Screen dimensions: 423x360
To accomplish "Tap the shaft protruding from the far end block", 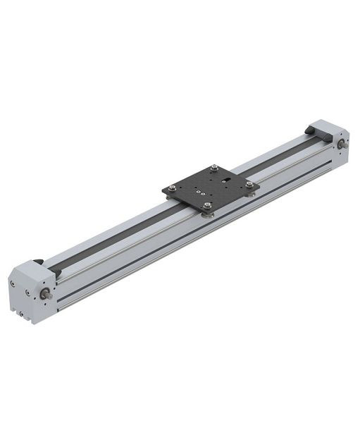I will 342,145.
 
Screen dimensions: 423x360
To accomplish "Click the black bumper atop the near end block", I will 39,262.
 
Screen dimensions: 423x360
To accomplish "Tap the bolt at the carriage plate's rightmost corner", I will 249,185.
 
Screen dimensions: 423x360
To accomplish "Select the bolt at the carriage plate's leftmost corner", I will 173,188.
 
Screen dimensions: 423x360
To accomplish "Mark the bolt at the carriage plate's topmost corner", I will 214,168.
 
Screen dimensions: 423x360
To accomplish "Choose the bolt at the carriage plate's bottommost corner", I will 208,207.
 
